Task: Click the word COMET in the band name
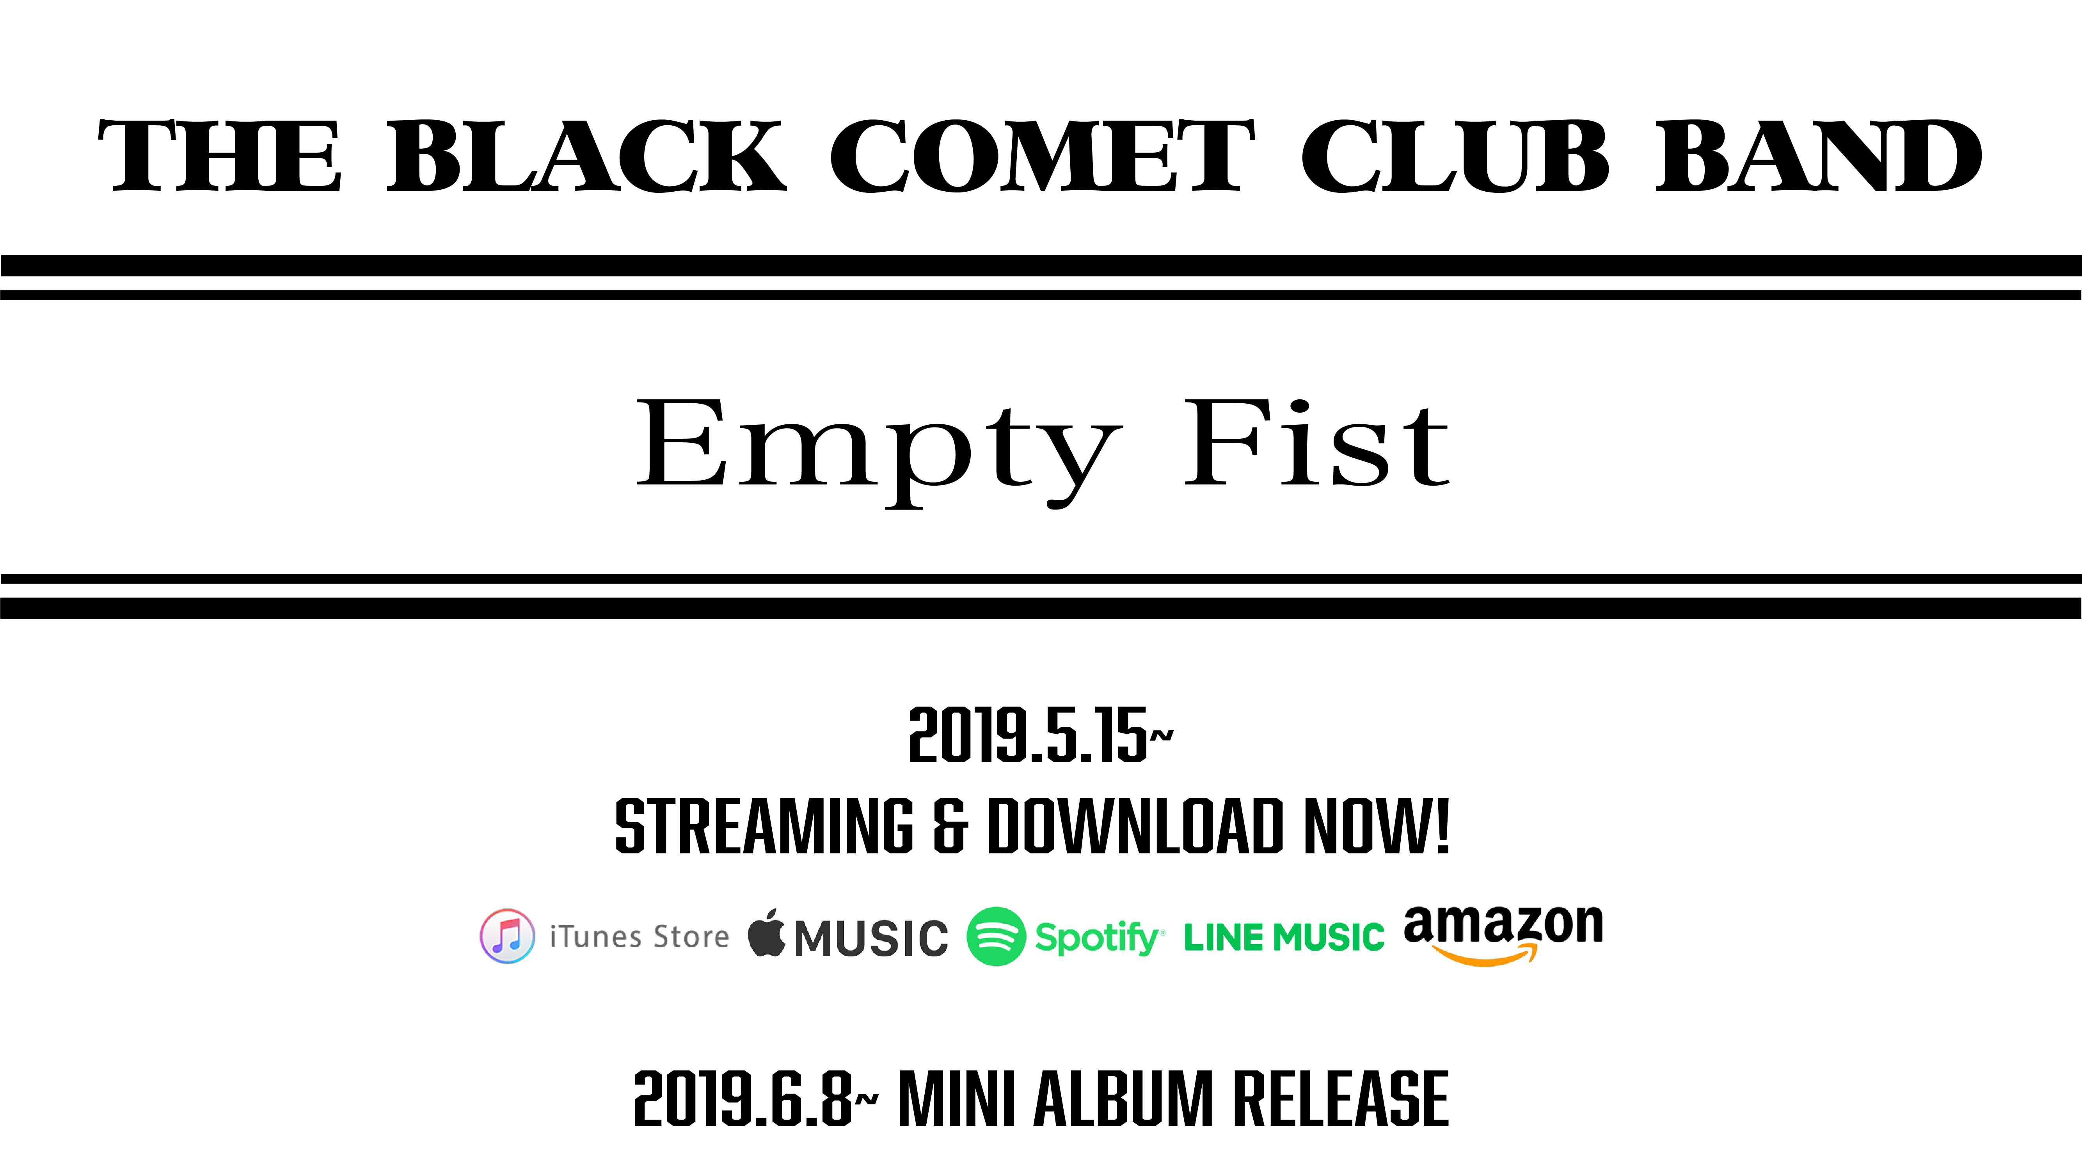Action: tap(1043, 156)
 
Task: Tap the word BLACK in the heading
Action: tap(587, 156)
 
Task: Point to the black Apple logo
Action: tap(766, 933)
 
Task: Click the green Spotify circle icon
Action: tap(996, 936)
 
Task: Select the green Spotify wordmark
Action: tap(1099, 938)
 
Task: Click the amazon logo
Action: tap(1503, 934)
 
